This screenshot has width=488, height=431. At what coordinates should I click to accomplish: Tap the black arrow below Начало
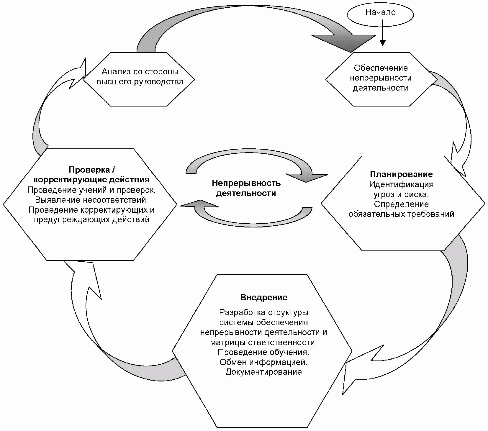click(x=382, y=32)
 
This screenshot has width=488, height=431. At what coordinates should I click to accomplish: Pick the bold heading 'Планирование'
click(x=401, y=174)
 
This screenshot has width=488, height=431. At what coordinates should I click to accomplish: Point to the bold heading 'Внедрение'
click(x=263, y=297)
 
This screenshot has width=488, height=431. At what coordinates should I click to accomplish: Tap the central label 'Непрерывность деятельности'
click(x=246, y=188)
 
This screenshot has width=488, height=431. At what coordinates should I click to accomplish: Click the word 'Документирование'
click(x=263, y=372)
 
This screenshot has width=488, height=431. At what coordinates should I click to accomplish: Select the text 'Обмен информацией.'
click(x=263, y=362)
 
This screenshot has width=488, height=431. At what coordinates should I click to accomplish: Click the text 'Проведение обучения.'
click(x=263, y=352)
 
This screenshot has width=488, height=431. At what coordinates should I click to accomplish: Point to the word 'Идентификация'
click(x=401, y=185)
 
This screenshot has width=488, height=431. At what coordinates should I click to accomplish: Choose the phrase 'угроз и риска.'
click(x=401, y=194)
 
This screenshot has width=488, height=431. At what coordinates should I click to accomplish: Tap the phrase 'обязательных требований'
click(x=401, y=214)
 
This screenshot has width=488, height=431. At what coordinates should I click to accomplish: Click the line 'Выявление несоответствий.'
click(x=91, y=200)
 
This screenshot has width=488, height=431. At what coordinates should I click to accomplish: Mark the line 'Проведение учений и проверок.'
click(x=91, y=190)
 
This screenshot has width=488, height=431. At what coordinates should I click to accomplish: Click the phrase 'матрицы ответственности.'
click(x=263, y=342)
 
